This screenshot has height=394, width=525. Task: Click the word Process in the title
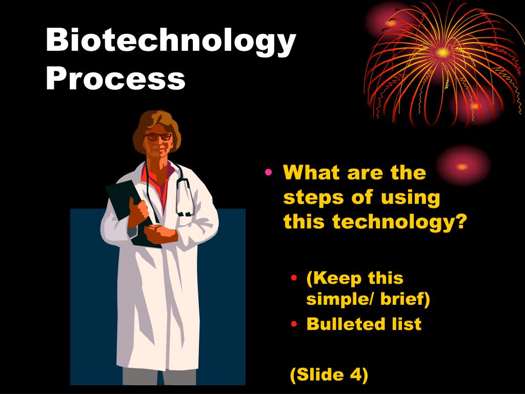tap(115, 78)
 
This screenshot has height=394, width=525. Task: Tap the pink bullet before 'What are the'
tap(269, 173)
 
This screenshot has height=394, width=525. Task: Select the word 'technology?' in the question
tap(400, 222)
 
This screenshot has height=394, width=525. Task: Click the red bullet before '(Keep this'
tap(294, 279)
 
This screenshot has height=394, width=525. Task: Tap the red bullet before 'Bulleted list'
tap(294, 324)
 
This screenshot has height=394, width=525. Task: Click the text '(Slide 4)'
tap(329, 375)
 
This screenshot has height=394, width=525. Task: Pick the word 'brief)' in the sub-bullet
tap(405, 299)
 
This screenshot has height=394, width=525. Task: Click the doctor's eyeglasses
tap(158, 137)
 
